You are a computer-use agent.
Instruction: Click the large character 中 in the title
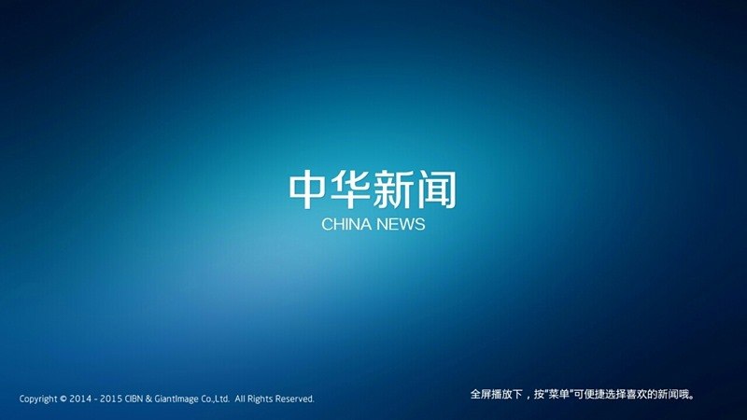coord(309,189)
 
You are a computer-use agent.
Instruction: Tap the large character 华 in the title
coord(352,189)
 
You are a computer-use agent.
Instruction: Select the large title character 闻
coord(436,189)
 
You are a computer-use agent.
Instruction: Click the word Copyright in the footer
coord(37,399)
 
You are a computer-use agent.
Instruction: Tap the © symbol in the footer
coord(63,399)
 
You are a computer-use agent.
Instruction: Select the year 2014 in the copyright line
coord(79,399)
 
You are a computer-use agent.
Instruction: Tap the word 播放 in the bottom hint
coord(500,396)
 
